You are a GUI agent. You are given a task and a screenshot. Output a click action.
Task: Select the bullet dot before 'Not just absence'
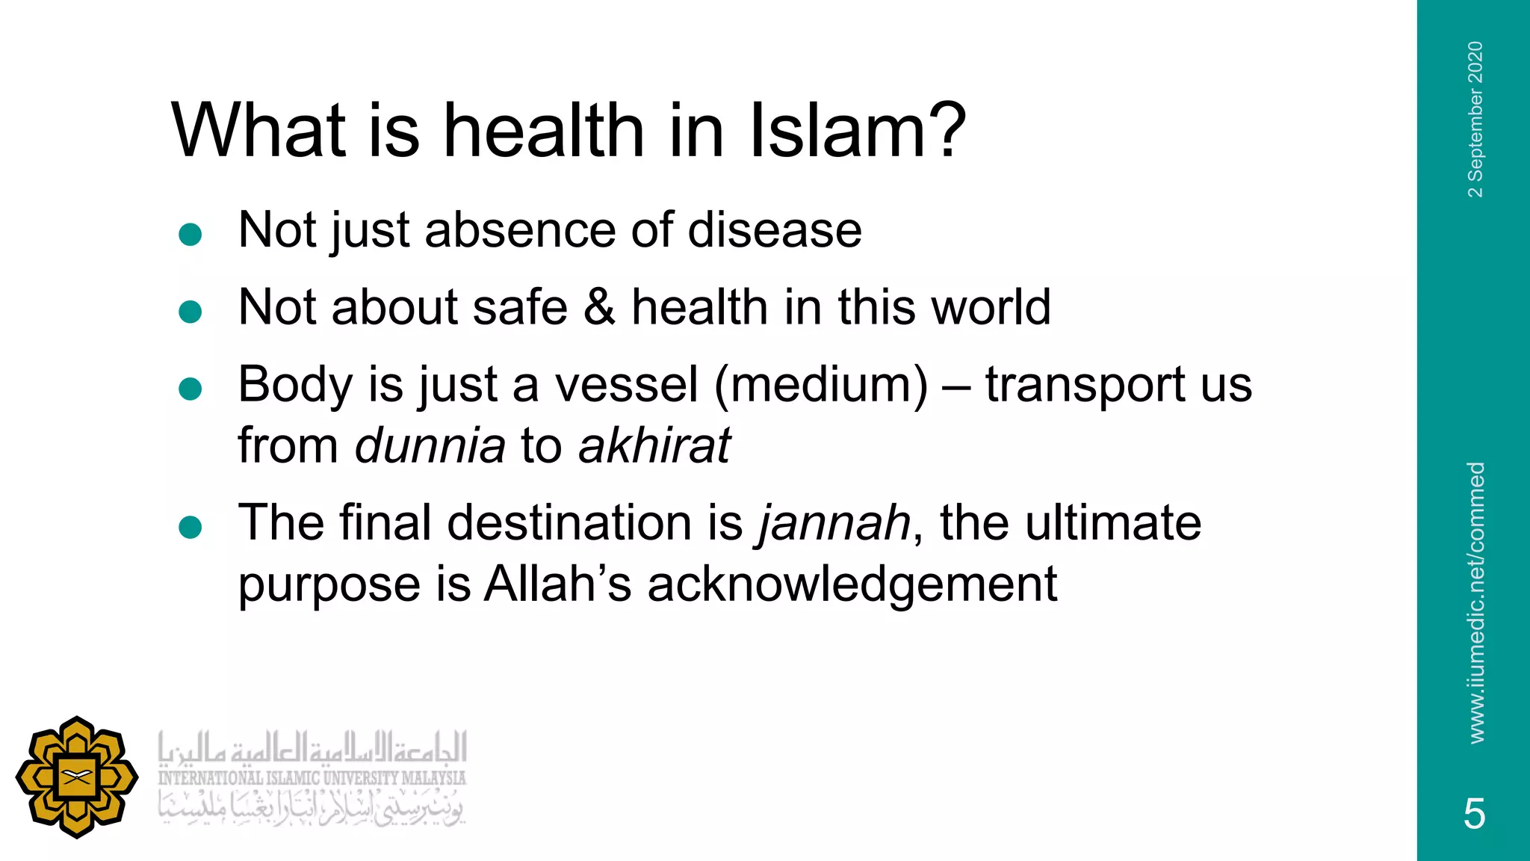pyautogui.click(x=191, y=235)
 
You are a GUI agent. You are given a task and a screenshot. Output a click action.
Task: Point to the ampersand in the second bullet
pyautogui.click(x=599, y=307)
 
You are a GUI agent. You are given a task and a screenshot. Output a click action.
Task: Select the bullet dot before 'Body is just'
pyautogui.click(x=191, y=389)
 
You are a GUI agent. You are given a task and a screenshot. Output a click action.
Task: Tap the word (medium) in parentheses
pyautogui.click(x=821, y=385)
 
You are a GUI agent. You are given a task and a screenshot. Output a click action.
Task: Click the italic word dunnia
pyautogui.click(x=430, y=446)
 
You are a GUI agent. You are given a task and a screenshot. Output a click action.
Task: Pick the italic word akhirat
pyautogui.click(x=654, y=446)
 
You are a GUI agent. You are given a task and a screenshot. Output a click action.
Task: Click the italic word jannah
pyautogui.click(x=834, y=523)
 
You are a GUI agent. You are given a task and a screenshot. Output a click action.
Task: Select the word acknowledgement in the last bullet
pyautogui.click(x=852, y=584)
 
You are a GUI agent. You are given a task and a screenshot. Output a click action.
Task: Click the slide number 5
pyautogui.click(x=1474, y=813)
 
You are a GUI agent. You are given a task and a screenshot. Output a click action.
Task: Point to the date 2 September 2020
pyautogui.click(x=1475, y=120)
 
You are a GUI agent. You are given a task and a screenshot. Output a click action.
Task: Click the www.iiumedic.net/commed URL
pyautogui.click(x=1475, y=602)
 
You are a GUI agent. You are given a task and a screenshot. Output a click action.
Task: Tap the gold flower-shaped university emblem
pyautogui.click(x=77, y=777)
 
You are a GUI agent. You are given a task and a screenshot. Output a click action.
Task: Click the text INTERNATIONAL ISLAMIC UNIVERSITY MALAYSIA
pyautogui.click(x=312, y=778)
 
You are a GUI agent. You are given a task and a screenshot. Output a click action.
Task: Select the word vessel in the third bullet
pyautogui.click(x=626, y=385)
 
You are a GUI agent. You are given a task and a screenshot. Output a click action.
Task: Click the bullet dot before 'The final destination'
pyautogui.click(x=191, y=528)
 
